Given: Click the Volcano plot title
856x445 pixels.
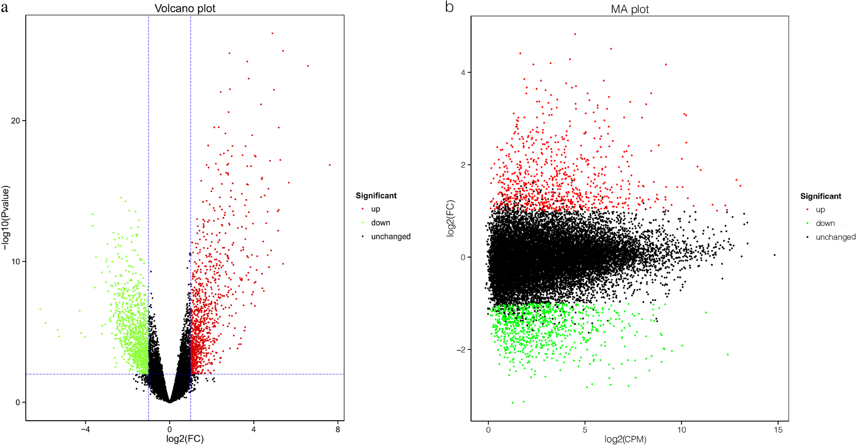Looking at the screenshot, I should [x=185, y=9].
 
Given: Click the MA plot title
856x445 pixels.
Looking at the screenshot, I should [x=630, y=9].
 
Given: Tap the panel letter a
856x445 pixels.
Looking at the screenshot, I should [x=5, y=7].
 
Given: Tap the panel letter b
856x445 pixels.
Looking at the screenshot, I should [x=449, y=7].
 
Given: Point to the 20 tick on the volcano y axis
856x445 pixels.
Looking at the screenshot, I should [x=15, y=121].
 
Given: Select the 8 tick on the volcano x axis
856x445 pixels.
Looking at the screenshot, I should [x=338, y=429].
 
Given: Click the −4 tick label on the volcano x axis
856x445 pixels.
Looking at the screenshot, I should [x=85, y=429].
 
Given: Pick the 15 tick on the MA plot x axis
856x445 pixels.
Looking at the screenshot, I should [x=778, y=430].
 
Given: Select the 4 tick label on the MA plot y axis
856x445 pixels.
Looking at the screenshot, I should [x=463, y=72].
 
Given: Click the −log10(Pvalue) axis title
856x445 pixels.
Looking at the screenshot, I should [x=6, y=217].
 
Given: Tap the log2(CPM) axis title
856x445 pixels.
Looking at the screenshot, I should [x=625, y=439].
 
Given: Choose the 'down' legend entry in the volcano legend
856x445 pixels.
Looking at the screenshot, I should [x=380, y=223].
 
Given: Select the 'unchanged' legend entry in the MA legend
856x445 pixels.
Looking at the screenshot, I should [x=835, y=237].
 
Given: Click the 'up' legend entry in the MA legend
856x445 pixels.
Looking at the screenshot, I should [x=820, y=210].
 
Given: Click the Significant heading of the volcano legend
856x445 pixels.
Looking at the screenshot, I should [x=376, y=195].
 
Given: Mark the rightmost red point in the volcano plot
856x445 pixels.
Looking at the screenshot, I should [x=330, y=165].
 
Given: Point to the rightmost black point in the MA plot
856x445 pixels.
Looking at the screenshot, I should [x=775, y=255].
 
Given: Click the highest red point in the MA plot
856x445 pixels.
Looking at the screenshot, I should [x=575, y=34].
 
